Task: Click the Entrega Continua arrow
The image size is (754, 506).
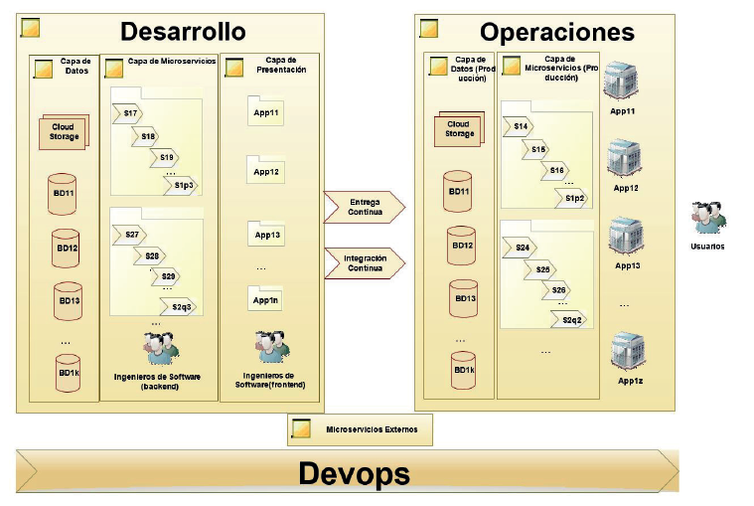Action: click(364, 207)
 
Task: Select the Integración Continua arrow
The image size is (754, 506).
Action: click(364, 263)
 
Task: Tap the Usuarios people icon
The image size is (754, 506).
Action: click(708, 218)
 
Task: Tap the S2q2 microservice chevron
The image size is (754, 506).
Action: click(570, 319)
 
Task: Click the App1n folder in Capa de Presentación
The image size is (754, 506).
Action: click(265, 298)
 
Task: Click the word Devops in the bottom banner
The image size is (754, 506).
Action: click(354, 473)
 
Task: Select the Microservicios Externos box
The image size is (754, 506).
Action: click(360, 429)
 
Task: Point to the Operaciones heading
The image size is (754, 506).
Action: click(556, 33)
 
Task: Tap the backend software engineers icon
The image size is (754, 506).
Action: click(159, 349)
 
